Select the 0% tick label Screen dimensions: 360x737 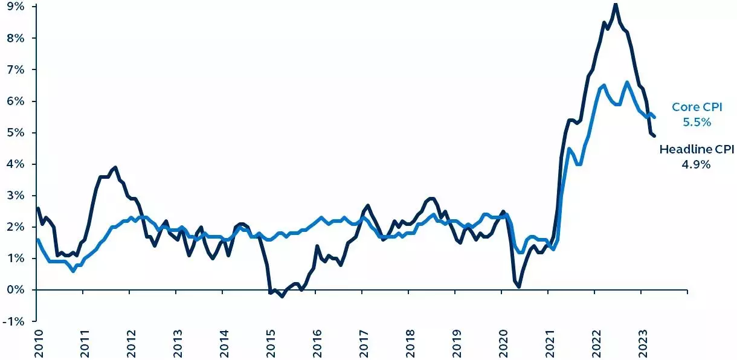coord(16,289)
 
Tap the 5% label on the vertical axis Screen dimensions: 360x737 coord(16,132)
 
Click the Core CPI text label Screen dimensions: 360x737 coord(691,108)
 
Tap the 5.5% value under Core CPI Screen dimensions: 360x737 coord(697,122)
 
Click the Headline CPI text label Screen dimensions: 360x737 coord(696,149)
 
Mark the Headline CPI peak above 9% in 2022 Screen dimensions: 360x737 coord(616,4)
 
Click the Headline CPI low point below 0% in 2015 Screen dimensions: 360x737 coord(282,297)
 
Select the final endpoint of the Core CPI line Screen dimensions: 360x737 coord(655,117)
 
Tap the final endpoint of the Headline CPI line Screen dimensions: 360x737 coord(655,136)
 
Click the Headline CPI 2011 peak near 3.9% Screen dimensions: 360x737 coord(115,167)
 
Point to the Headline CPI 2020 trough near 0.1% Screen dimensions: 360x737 coord(519,286)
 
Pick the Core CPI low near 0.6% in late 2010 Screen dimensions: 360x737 coord(73,271)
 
